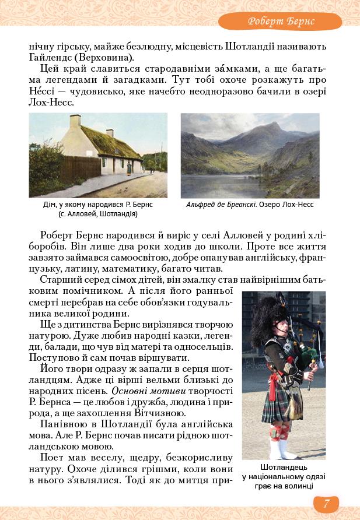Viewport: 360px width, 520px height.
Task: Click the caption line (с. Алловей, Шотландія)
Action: pyautogui.click(x=98, y=214)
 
